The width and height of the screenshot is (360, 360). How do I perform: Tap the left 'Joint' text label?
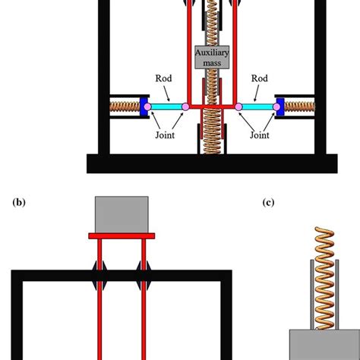[163, 136]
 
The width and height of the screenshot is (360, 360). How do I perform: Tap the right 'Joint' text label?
[260, 136]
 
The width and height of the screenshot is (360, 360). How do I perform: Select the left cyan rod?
[164, 108]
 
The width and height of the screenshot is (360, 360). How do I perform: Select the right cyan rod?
[258, 108]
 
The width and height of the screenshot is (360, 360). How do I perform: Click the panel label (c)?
[267, 202]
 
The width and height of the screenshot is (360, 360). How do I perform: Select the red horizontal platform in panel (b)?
[122, 236]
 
